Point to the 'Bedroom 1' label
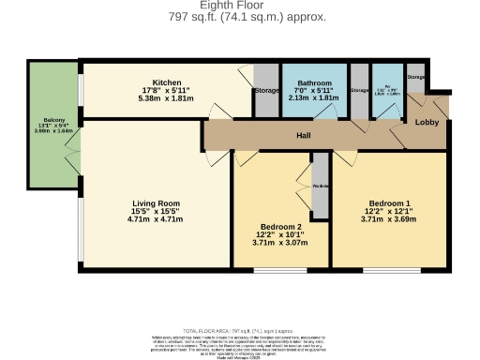pyautogui.click(x=389, y=203)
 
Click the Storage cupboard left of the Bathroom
pyautogui.click(x=266, y=91)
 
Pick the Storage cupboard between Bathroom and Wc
pyautogui.click(x=359, y=90)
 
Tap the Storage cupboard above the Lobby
pyautogui.click(x=416, y=77)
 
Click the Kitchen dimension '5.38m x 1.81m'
pyautogui.click(x=166, y=97)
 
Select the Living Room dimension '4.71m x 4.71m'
pyautogui.click(x=156, y=220)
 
